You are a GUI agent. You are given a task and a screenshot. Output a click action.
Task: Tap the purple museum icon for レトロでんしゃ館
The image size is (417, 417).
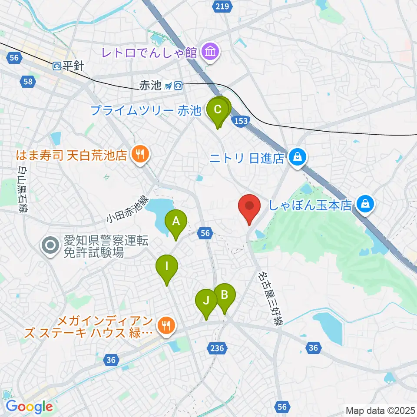click(x=211, y=53)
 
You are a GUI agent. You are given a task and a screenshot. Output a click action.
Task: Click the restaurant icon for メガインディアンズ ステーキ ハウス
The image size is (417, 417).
click(x=165, y=325)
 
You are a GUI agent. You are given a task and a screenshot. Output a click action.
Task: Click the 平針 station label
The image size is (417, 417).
click(x=68, y=66)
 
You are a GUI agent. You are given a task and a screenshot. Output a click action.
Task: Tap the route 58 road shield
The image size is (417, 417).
click(x=28, y=81)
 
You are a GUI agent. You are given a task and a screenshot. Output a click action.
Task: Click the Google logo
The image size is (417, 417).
click(x=29, y=407)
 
